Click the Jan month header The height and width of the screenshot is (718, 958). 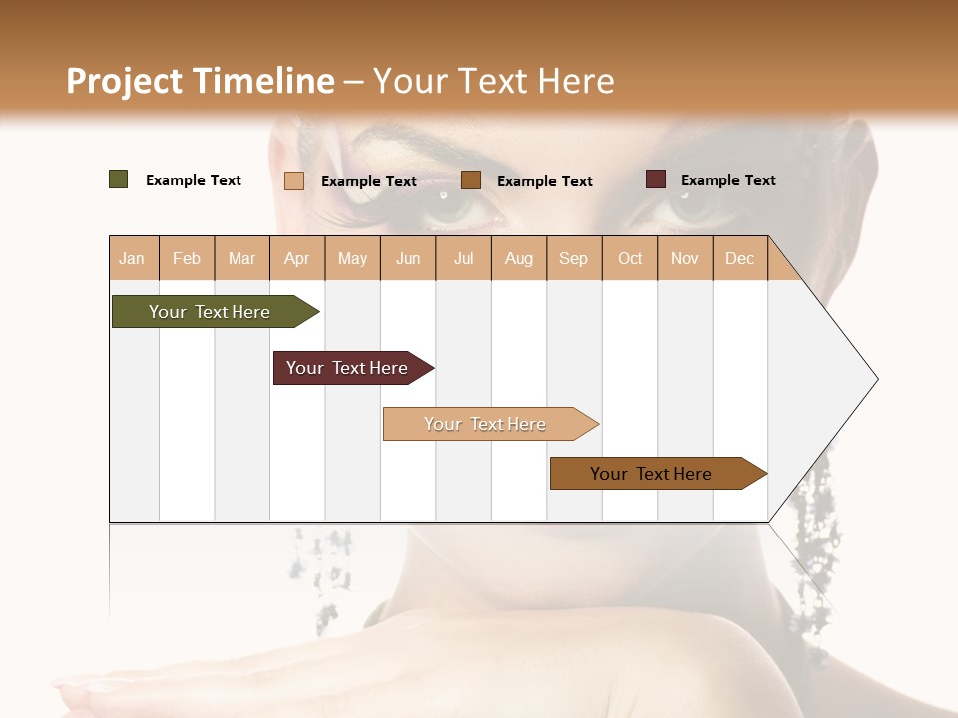click(132, 258)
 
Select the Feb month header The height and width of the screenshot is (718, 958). click(187, 258)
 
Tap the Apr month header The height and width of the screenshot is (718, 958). click(297, 258)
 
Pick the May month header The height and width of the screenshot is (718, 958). click(352, 258)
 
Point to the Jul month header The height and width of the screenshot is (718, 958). click(464, 258)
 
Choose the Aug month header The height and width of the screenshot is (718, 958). click(519, 258)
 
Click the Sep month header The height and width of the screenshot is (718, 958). click(574, 258)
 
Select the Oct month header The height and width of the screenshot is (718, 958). click(630, 258)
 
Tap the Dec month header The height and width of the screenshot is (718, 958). click(740, 258)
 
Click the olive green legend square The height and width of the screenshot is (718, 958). click(119, 179)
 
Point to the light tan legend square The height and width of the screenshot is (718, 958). click(294, 180)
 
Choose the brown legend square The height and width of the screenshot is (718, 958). click(471, 179)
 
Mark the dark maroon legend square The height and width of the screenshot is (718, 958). click(656, 179)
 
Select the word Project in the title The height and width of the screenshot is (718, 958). click(124, 81)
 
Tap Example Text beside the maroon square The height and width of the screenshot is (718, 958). click(728, 180)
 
